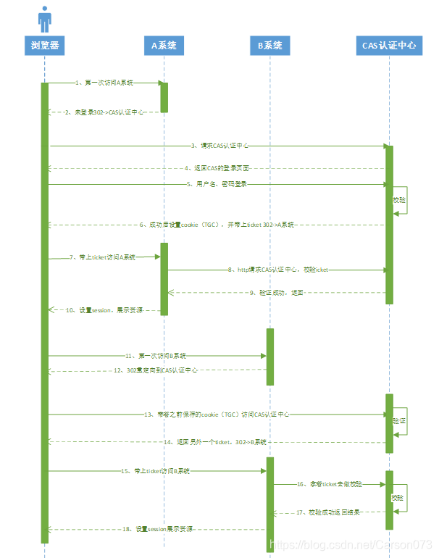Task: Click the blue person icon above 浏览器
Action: pos(45,19)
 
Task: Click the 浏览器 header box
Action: pos(45,45)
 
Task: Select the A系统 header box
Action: pos(163,45)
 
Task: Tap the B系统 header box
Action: pos(269,45)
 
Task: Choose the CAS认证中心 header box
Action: pos(389,45)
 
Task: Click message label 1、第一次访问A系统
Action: pos(105,83)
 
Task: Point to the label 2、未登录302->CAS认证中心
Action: pos(104,112)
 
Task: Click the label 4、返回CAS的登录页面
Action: pos(217,168)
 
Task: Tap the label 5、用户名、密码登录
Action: pos(217,184)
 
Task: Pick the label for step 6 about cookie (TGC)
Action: pos(217,225)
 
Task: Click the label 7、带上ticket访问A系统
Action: pos(103,257)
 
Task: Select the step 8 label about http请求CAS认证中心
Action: pos(278,270)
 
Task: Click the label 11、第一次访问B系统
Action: pos(156,356)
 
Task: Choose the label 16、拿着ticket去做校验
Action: pos(329,483)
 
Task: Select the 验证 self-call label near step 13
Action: pos(399,420)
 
